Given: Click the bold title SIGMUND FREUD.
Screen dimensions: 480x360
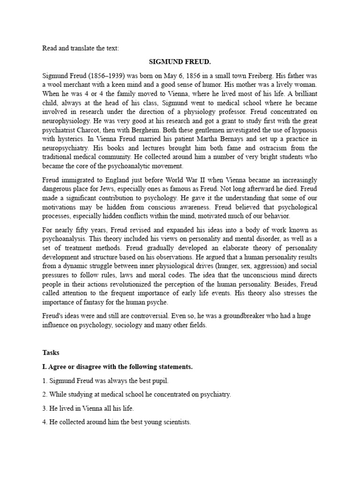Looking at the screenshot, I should pyautogui.click(x=180, y=61).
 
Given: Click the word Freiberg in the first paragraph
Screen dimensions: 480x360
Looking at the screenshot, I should pyautogui.click(x=247, y=75).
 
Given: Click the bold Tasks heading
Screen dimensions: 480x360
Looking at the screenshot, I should pyautogui.click(x=51, y=352).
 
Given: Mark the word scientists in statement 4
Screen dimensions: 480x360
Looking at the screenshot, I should pyautogui.click(x=174, y=422).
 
